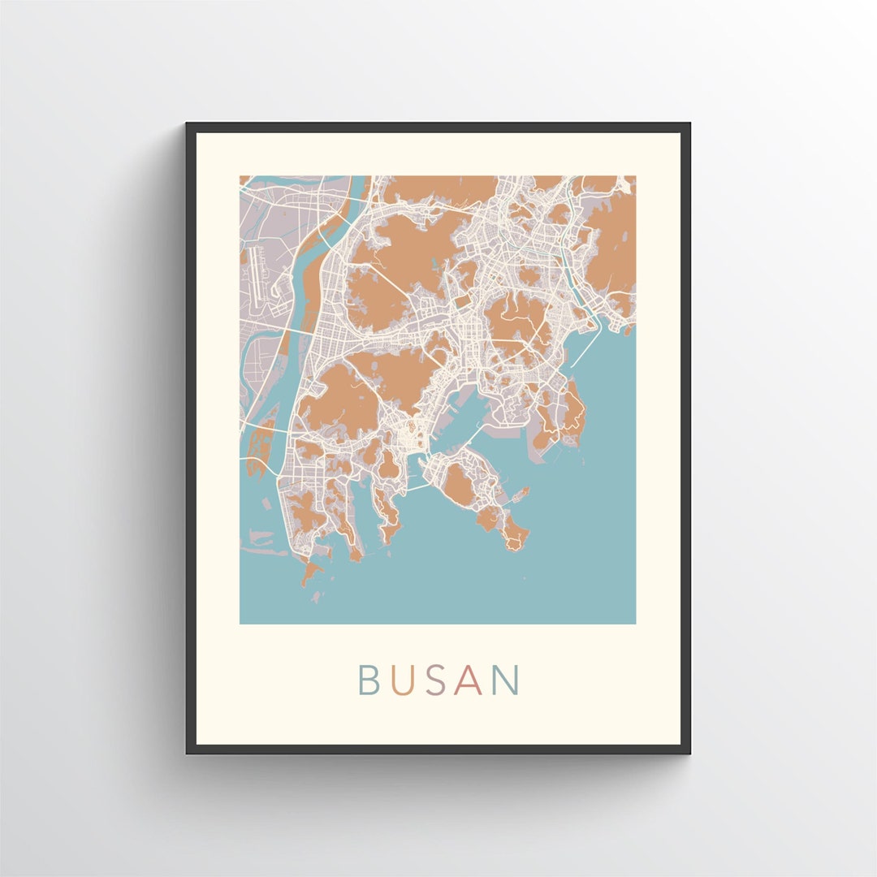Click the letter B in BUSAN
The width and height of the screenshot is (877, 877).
367,680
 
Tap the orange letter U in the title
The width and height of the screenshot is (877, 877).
399,680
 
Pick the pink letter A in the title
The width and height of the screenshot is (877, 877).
469,680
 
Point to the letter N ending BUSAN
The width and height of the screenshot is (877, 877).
506,680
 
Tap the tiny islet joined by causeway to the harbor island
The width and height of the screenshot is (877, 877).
521,493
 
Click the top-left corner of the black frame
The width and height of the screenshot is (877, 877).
188,125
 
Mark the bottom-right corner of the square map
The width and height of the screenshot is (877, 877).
635,623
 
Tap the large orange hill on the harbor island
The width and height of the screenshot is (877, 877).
458,485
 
